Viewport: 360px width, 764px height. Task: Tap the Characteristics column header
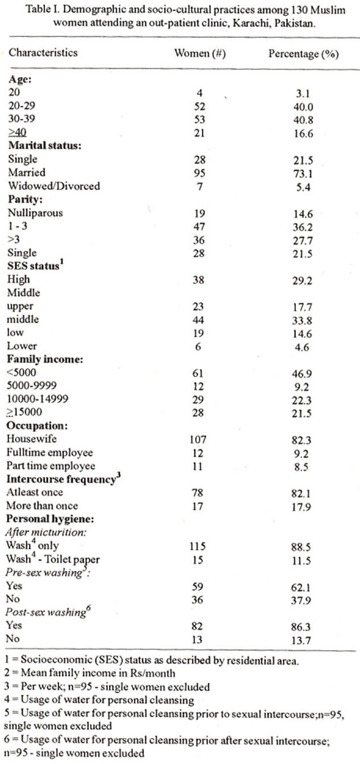click(x=43, y=53)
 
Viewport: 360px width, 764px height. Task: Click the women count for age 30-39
click(x=199, y=120)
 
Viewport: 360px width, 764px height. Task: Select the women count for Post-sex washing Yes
click(x=199, y=612)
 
